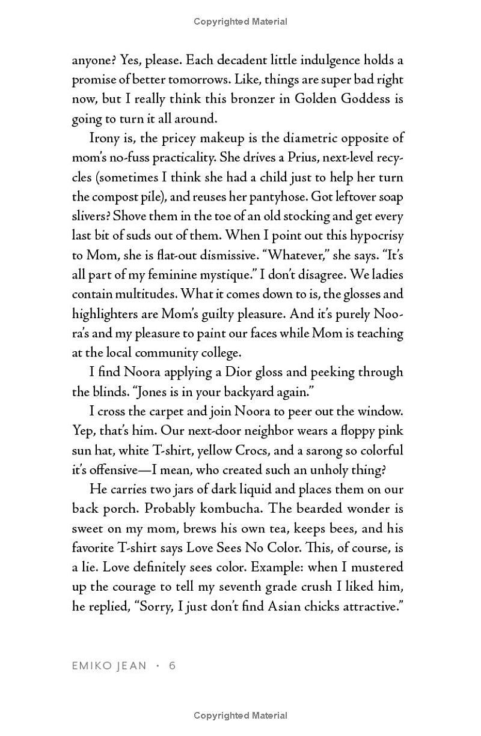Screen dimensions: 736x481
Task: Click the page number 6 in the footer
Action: click(173, 665)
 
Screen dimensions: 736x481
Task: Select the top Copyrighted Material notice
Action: click(240, 22)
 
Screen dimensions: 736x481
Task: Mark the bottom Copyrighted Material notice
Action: click(240, 715)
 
